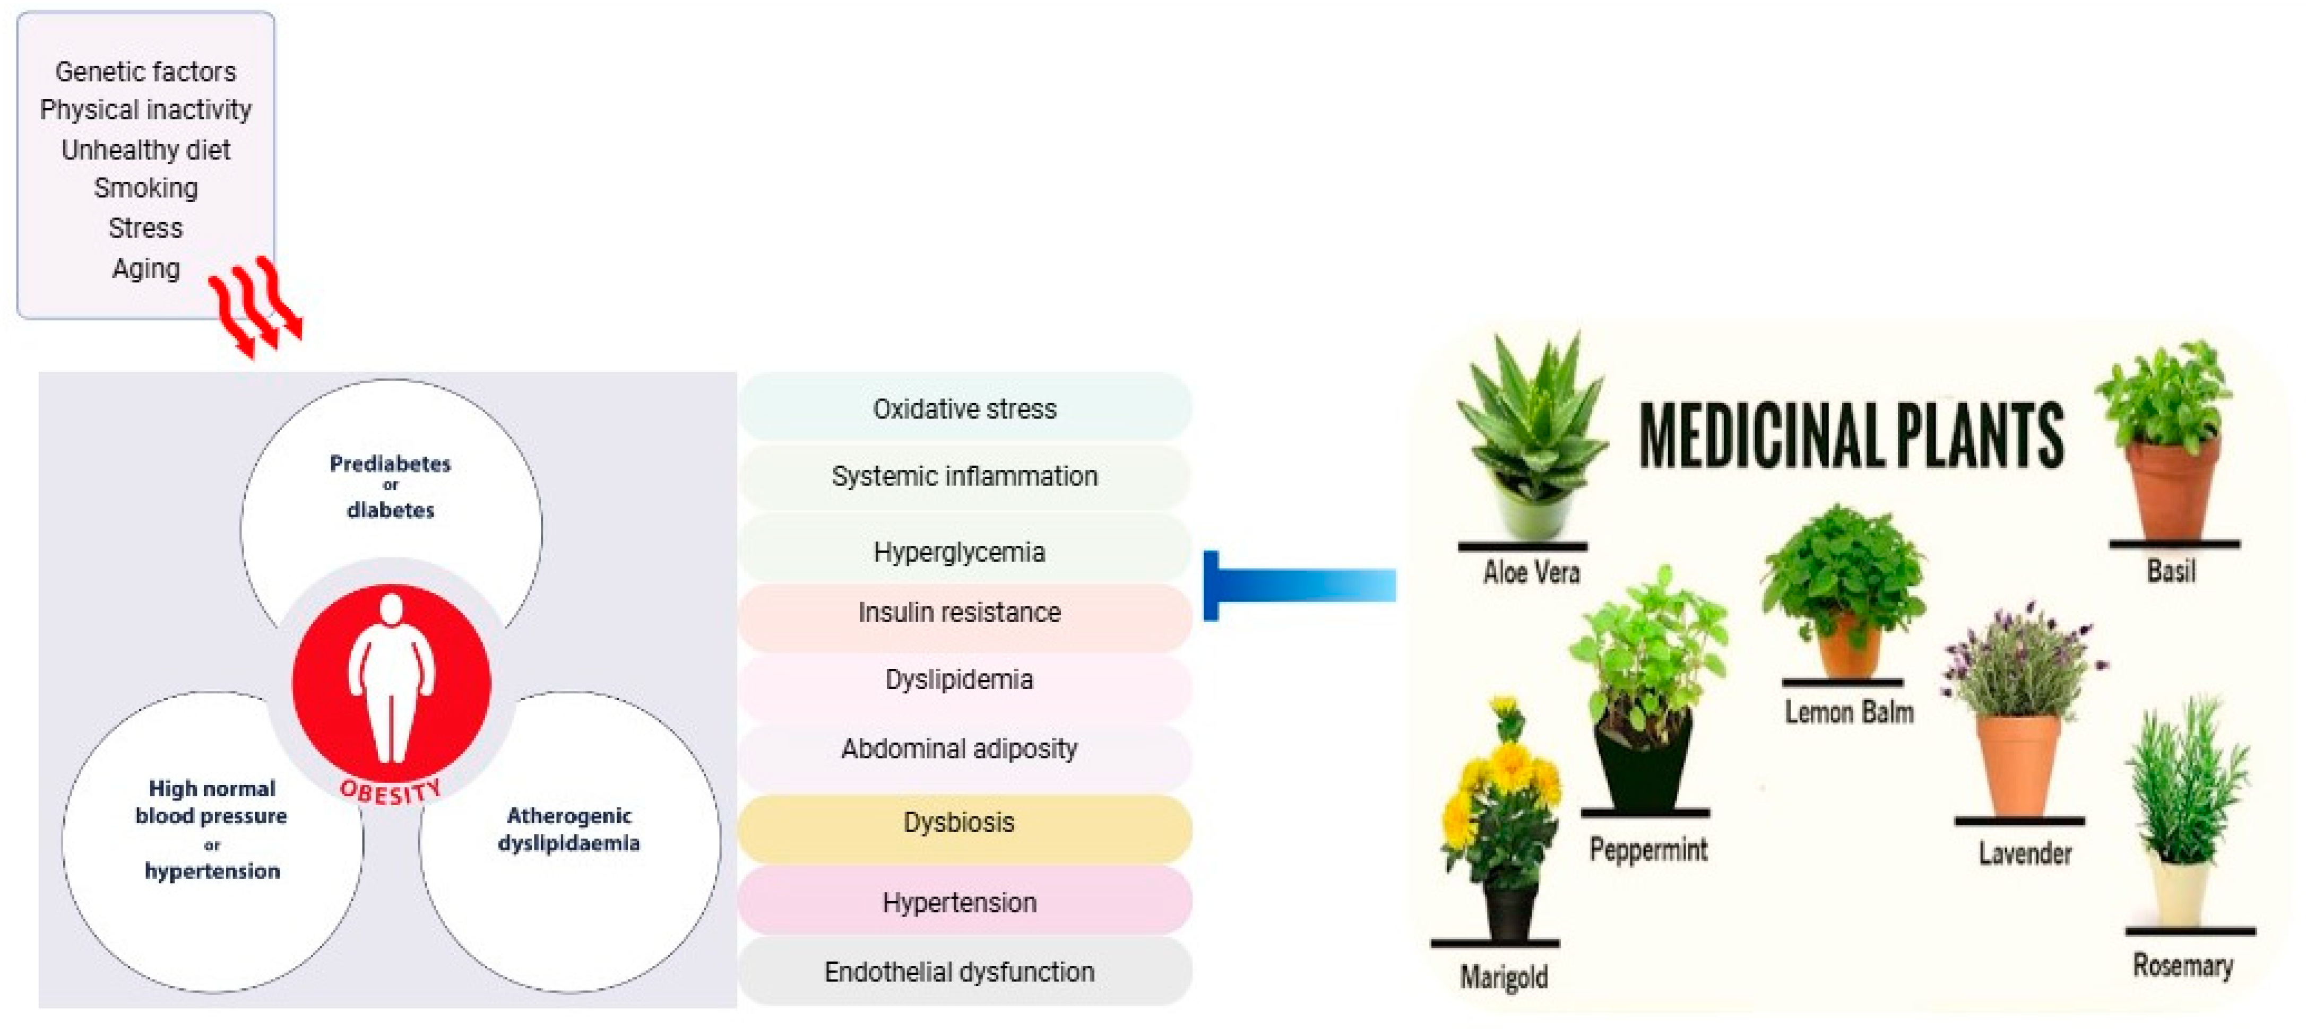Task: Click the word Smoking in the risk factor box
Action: coord(146,188)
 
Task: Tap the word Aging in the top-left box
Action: coord(146,268)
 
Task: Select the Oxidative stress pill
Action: coord(964,409)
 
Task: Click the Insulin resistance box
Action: coord(960,613)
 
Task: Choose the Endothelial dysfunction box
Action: coord(960,972)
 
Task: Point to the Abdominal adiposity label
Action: coord(960,749)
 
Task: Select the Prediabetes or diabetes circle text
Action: coord(390,486)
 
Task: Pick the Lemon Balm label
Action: coord(1849,713)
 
